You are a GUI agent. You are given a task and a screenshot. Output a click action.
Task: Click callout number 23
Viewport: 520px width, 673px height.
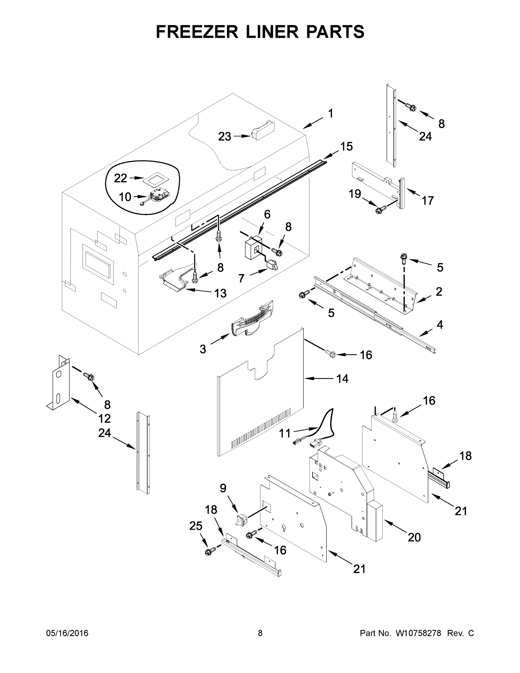224,137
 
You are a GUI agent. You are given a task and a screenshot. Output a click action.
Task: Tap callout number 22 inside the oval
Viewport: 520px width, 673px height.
121,178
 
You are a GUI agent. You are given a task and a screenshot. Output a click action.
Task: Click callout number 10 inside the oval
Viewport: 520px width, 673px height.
125,197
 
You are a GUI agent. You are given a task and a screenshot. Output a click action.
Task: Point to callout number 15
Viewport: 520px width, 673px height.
346,147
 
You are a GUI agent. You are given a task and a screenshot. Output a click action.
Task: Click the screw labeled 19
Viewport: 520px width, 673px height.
379,211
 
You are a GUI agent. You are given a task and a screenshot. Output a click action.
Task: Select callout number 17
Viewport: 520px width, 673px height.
427,200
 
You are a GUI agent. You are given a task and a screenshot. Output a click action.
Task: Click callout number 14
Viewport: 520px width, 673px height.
342,378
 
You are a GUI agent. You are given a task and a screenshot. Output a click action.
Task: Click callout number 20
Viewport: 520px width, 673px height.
414,537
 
